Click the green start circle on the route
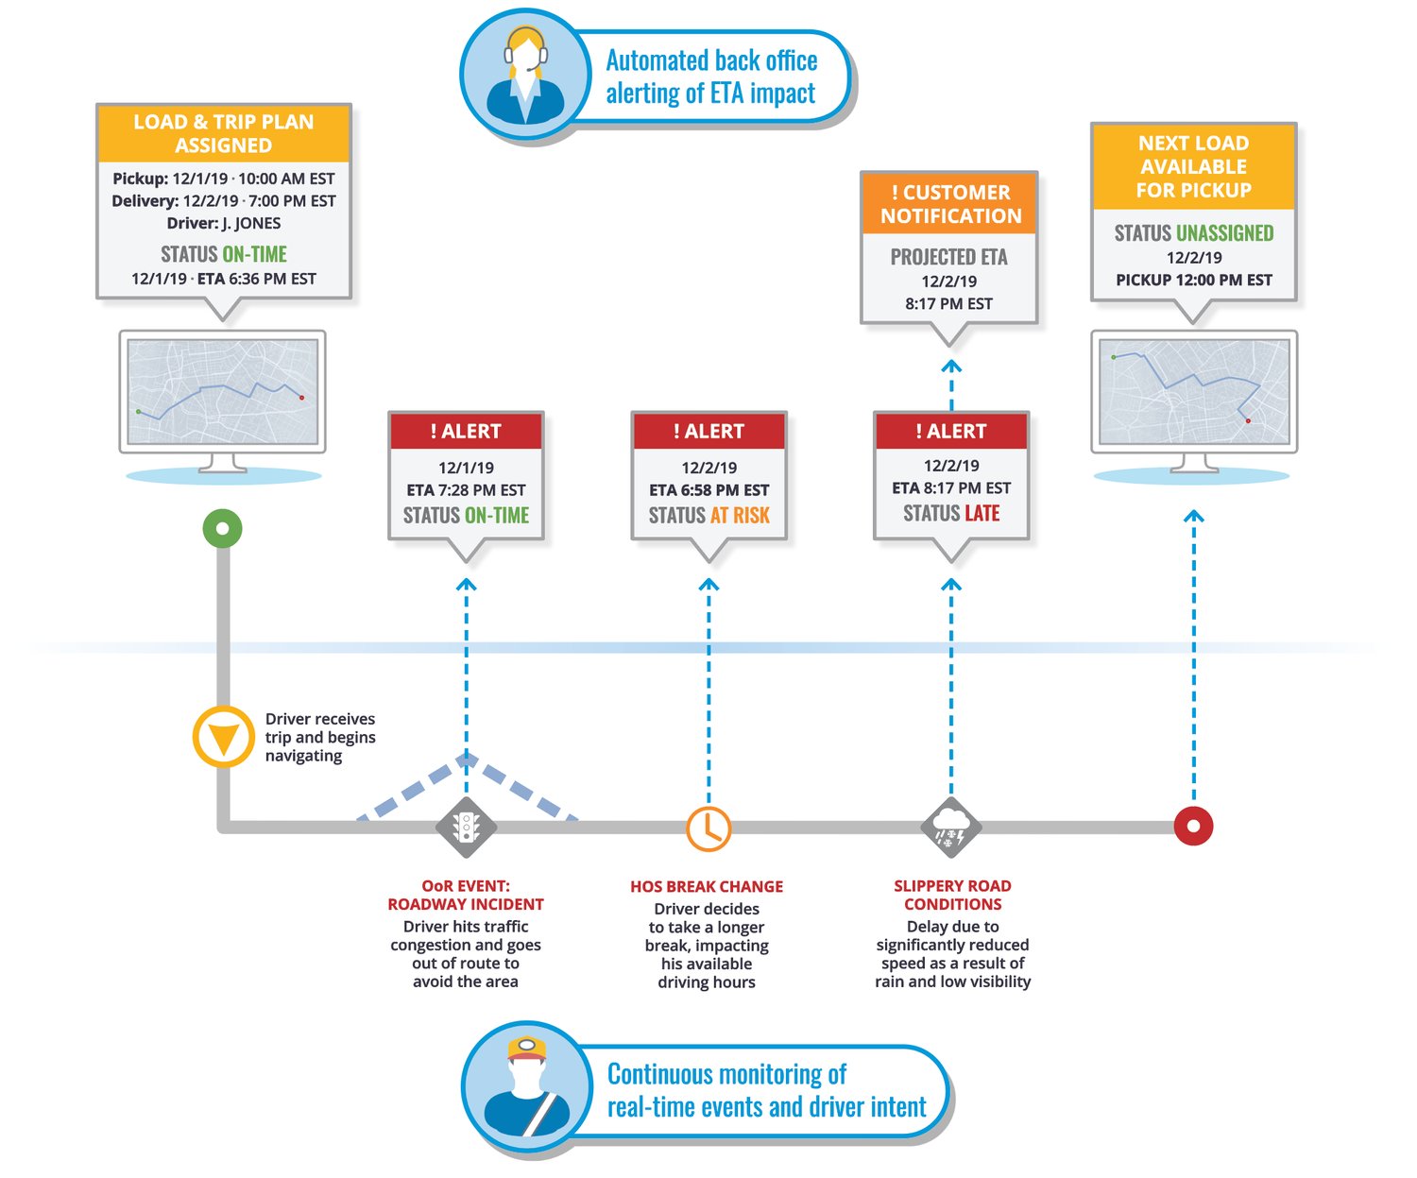click(x=223, y=529)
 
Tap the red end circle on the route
click(x=1193, y=826)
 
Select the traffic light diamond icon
click(x=466, y=828)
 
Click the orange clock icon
click(x=708, y=828)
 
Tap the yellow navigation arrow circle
click(x=224, y=737)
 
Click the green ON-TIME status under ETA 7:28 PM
click(x=497, y=516)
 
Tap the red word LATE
click(x=982, y=514)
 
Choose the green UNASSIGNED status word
click(x=1225, y=233)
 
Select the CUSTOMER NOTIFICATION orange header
click(x=950, y=204)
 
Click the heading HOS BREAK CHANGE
click(x=707, y=887)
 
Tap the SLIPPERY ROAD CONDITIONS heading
click(x=952, y=895)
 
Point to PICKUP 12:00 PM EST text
click(x=1194, y=281)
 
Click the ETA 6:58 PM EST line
click(x=708, y=490)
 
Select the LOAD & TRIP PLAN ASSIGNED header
click(x=224, y=134)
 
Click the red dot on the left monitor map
click(x=302, y=398)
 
